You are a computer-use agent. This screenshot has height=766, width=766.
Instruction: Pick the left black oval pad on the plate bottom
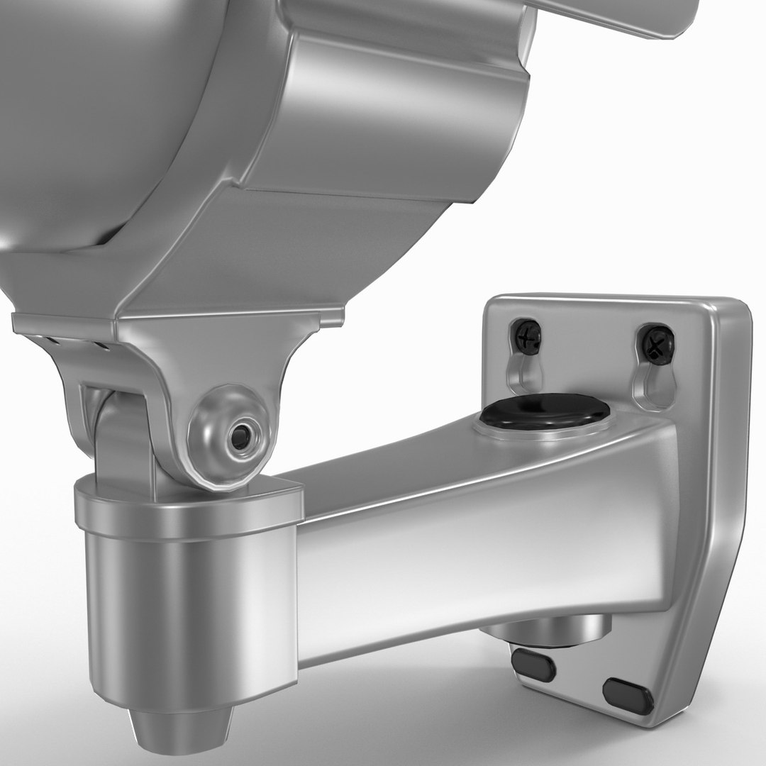(533, 665)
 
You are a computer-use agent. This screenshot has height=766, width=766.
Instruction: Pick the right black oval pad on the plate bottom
(628, 696)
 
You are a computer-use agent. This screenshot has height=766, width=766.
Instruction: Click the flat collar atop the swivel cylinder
(188, 507)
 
